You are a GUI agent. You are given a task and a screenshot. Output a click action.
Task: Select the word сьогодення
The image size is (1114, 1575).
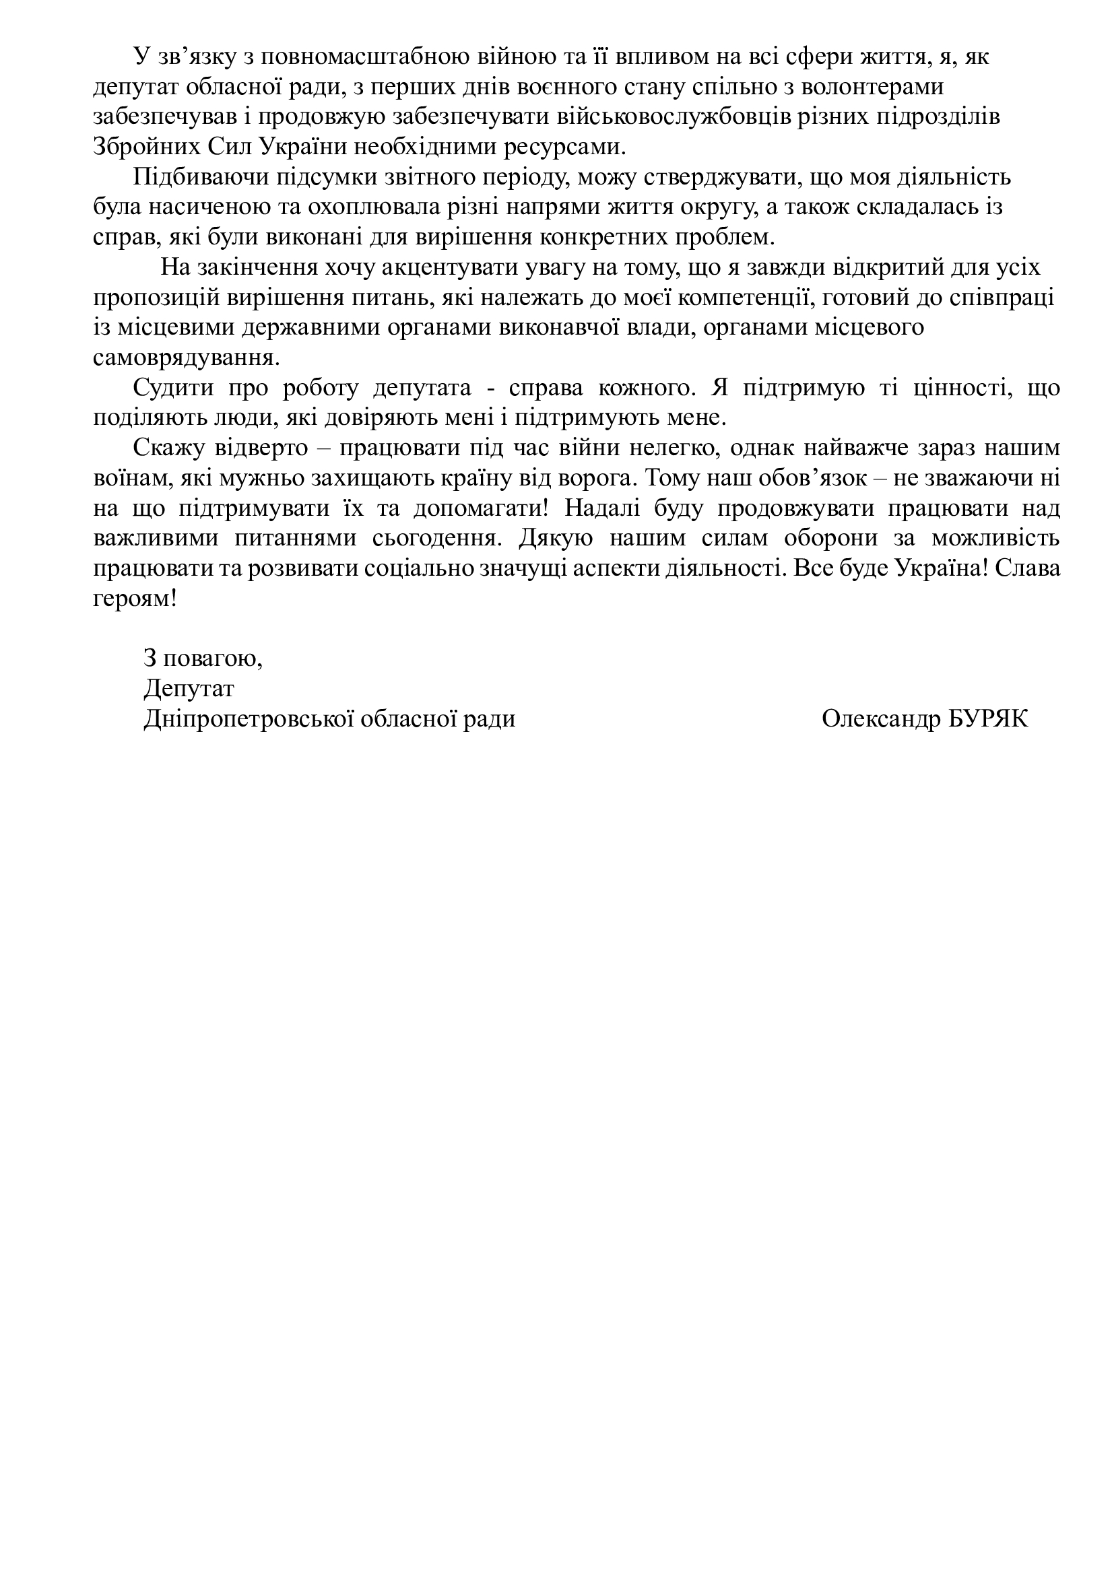point(436,538)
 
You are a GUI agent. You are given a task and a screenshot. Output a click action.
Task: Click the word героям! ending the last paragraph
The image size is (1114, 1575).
point(135,599)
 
